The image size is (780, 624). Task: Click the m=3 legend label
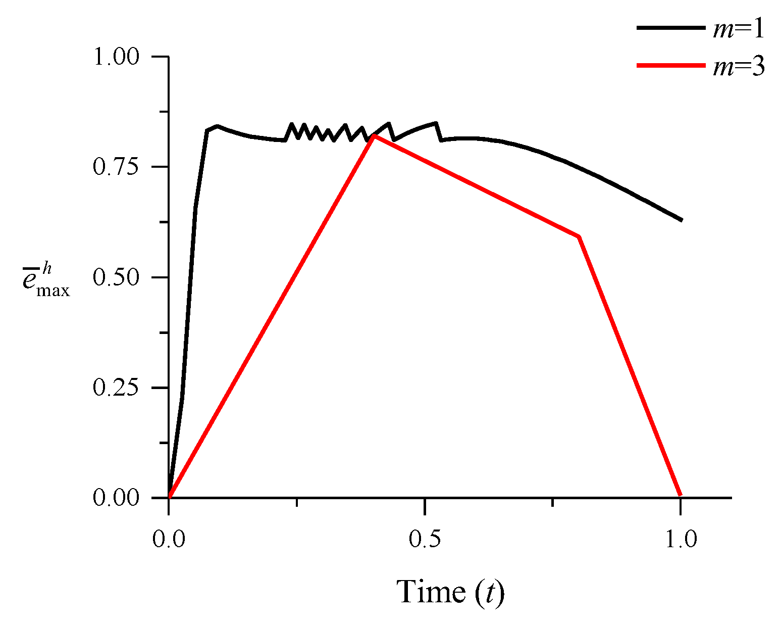pyautogui.click(x=739, y=67)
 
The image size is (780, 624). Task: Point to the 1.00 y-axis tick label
pyautogui.click(x=116, y=57)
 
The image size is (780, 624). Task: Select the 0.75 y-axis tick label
pyautogui.click(x=116, y=167)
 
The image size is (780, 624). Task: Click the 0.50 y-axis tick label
pyautogui.click(x=116, y=277)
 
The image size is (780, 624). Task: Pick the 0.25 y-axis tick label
pyautogui.click(x=116, y=388)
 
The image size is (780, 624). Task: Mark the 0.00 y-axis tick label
pyautogui.click(x=116, y=498)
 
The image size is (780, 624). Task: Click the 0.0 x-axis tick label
pyautogui.click(x=169, y=539)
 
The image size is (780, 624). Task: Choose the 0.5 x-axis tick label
pyautogui.click(x=425, y=539)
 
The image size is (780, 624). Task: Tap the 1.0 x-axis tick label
pyautogui.click(x=681, y=539)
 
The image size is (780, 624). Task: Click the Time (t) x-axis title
pyautogui.click(x=450, y=592)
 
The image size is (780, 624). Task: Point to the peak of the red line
pyautogui.click(x=373, y=136)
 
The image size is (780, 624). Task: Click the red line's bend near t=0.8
pyautogui.click(x=579, y=236)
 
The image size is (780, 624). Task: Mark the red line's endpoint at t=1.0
pyautogui.click(x=681, y=495)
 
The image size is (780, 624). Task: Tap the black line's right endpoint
pyautogui.click(x=682, y=220)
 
